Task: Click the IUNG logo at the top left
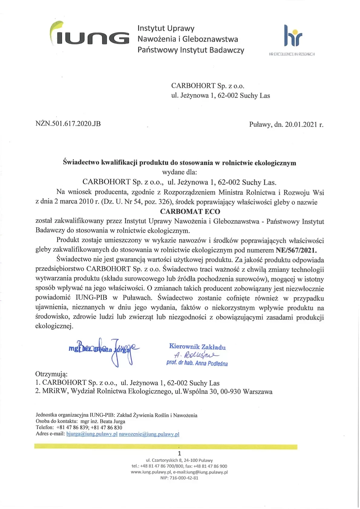pyautogui.click(x=89, y=35)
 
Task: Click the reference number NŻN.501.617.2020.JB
pyautogui.click(x=68, y=124)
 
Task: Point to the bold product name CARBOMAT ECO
pyautogui.click(x=190, y=211)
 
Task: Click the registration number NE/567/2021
pyautogui.click(x=296, y=250)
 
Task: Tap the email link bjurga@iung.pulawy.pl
pyautogui.click(x=92, y=434)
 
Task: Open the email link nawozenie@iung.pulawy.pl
pyautogui.click(x=149, y=434)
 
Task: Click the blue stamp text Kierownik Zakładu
pyautogui.click(x=197, y=347)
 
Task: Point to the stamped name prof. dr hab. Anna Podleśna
pyautogui.click(x=197, y=363)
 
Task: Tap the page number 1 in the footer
pyautogui.click(x=179, y=453)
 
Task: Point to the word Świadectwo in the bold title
pyautogui.click(x=81, y=163)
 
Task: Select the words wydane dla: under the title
pyautogui.click(x=179, y=172)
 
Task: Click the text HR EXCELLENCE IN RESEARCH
pyautogui.click(x=292, y=54)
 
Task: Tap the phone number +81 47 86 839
pyautogui.click(x=73, y=428)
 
